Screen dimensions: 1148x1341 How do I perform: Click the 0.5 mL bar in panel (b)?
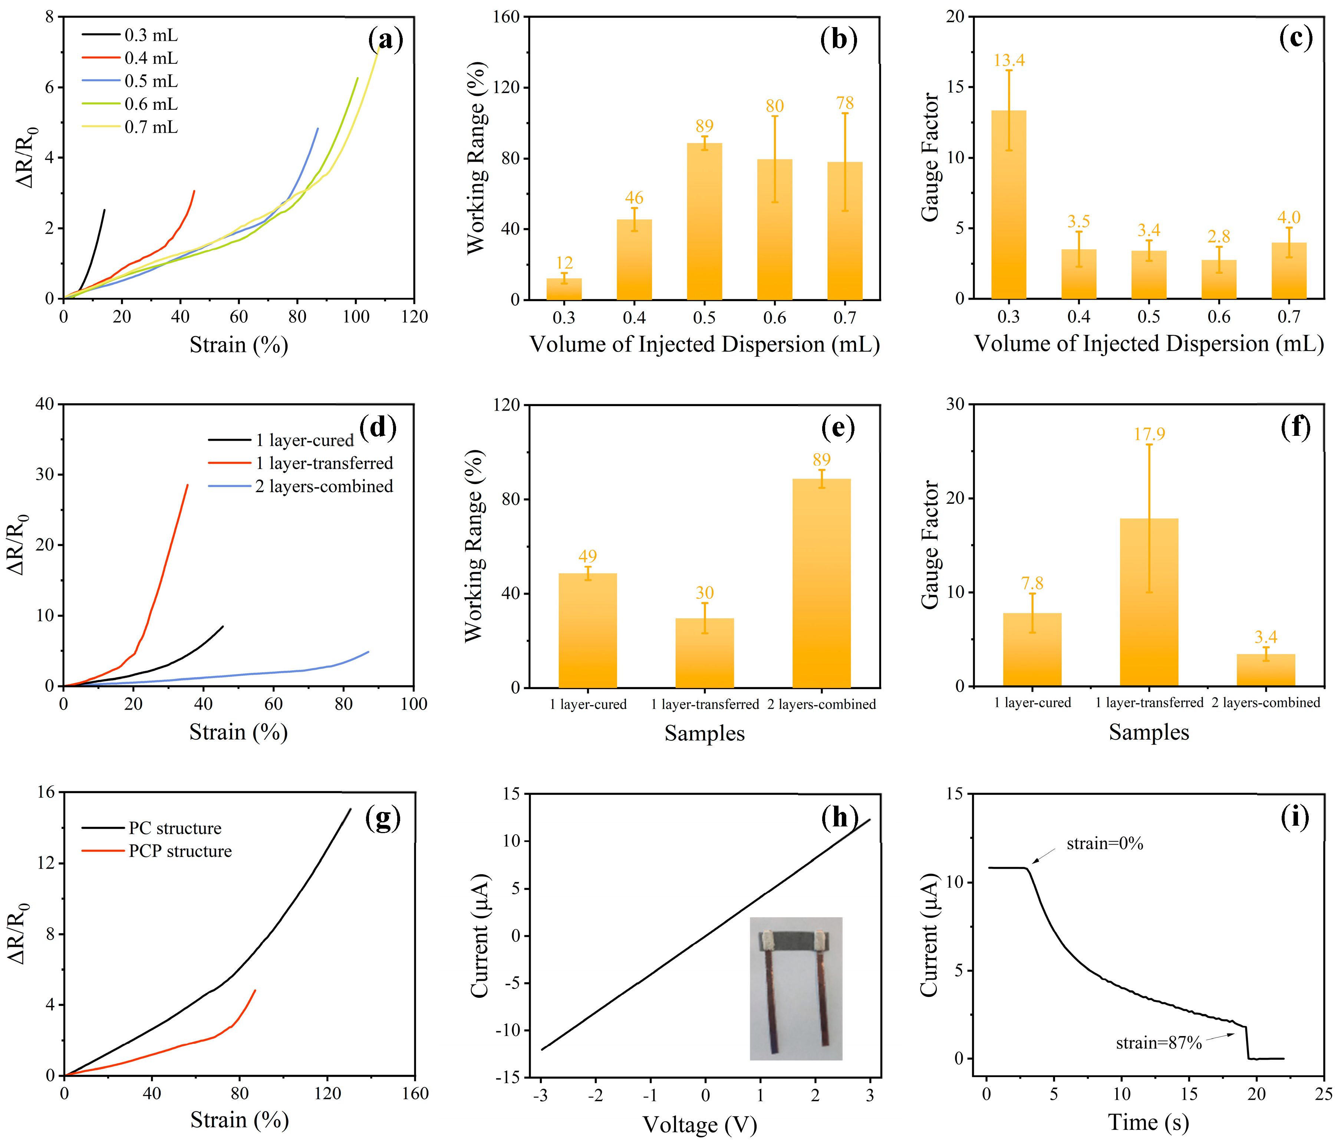(x=704, y=221)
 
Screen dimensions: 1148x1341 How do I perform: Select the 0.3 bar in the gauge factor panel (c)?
(x=1008, y=205)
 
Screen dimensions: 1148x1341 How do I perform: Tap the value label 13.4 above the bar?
(x=1009, y=60)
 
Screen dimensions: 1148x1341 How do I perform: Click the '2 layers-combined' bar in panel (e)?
(x=821, y=583)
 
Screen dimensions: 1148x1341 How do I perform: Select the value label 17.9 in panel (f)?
(x=1149, y=434)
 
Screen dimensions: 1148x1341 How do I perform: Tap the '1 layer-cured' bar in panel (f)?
(x=1032, y=649)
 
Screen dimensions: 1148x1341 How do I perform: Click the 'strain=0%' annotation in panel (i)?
(x=1105, y=844)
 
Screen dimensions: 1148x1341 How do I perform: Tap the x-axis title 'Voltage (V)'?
(x=700, y=1125)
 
